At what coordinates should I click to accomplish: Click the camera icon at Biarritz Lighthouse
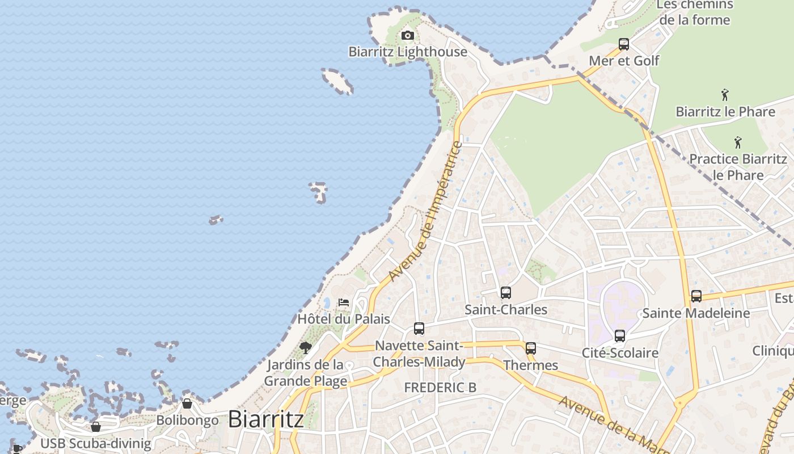[x=407, y=36]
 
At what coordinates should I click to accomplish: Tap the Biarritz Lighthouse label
[x=408, y=52]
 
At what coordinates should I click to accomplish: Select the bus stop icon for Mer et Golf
[x=624, y=44]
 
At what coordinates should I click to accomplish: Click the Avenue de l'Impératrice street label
[x=426, y=211]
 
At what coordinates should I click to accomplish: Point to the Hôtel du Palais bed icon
[x=344, y=302]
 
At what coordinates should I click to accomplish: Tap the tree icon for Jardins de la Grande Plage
[x=306, y=347]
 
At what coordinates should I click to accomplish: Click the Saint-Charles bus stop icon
[x=505, y=293]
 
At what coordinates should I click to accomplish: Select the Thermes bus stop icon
[x=530, y=348]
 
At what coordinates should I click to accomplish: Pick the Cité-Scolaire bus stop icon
[x=620, y=336]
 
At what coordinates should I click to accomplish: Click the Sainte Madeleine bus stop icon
[x=696, y=296]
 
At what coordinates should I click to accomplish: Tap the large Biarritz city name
[x=265, y=419]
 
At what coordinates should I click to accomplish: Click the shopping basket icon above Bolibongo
[x=187, y=403]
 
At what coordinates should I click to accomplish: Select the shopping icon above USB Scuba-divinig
[x=96, y=426]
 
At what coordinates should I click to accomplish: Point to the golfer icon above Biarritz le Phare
[x=724, y=95]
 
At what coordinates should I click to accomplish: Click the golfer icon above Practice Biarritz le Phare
[x=738, y=142]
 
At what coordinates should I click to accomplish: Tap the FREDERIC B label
[x=440, y=388]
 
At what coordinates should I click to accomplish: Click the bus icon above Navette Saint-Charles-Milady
[x=419, y=329]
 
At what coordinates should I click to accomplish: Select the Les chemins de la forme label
[x=695, y=12]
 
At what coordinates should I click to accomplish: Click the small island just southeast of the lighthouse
[x=337, y=81]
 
